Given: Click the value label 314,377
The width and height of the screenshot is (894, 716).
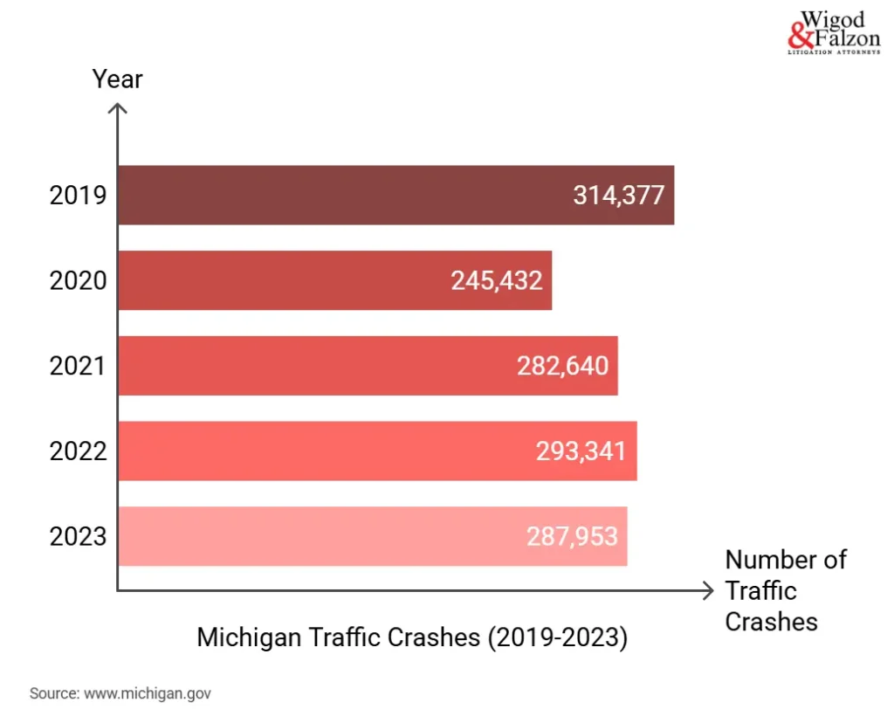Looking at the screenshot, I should click(619, 195).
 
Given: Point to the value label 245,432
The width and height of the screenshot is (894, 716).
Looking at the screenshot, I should click(497, 280).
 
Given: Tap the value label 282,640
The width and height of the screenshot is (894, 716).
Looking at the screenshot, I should click(562, 365).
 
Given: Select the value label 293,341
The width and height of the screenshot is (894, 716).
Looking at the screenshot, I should click(581, 451).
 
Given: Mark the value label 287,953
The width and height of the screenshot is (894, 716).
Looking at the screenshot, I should click(572, 536).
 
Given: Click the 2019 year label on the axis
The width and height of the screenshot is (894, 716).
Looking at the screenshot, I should click(78, 195).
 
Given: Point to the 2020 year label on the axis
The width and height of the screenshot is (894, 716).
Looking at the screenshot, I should click(78, 280).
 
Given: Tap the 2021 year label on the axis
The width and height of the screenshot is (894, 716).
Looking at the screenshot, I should click(78, 365).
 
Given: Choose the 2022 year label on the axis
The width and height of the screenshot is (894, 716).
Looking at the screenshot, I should click(78, 451).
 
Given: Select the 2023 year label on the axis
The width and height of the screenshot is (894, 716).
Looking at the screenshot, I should click(78, 536).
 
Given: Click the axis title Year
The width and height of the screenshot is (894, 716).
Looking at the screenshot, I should click(117, 79).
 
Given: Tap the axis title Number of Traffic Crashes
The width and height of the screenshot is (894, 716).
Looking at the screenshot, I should click(785, 590).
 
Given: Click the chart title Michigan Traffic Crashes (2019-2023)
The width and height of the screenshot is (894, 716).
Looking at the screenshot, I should click(412, 637).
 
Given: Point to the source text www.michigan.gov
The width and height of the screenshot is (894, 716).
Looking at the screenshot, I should click(120, 694).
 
